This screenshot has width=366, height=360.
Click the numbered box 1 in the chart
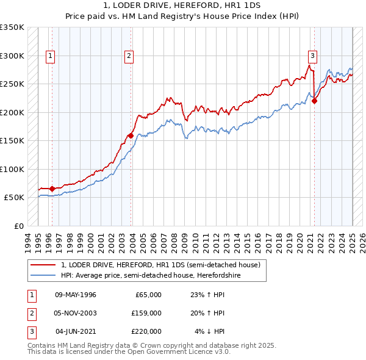49,56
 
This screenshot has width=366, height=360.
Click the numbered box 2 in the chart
129,56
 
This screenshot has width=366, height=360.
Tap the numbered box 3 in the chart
312,56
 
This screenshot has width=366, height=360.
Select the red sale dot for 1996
52,189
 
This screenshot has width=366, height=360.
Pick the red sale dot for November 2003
131,135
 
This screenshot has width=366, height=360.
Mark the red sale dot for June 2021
315,101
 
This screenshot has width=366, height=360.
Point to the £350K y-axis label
12,27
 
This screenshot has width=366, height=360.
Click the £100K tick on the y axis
12,169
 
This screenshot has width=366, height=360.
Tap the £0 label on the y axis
18,226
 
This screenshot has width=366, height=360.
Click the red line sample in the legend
43,265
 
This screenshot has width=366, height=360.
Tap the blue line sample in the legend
43,275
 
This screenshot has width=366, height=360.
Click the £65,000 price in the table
147,295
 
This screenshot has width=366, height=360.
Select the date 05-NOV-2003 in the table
76,313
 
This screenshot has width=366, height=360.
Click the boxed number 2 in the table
31,313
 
